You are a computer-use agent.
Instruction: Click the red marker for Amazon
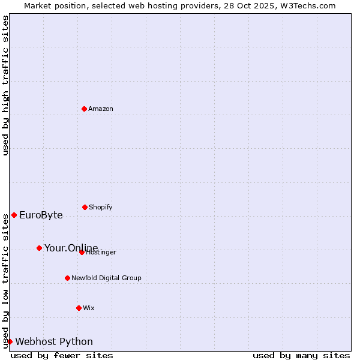coord(84,109)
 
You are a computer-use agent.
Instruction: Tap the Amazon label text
coord(101,109)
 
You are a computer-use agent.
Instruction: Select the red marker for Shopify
coord(85,207)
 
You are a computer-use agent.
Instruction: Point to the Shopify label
coord(100,208)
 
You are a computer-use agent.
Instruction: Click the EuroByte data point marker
coord(14,215)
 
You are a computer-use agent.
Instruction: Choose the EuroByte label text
coord(41,215)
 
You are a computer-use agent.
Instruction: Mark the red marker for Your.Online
coord(39,248)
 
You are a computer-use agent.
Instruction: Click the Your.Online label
coord(71,248)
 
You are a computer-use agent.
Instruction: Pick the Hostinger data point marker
coord(82,252)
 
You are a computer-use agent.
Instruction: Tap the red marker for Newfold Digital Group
coord(67,278)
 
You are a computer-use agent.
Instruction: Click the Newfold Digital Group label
coord(106,278)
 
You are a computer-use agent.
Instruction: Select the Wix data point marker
coord(79,308)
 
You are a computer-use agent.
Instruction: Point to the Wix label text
coord(89,308)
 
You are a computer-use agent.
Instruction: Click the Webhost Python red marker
coord(10,341)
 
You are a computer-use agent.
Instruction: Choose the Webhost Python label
coord(54,342)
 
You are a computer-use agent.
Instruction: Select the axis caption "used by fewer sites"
coord(62,355)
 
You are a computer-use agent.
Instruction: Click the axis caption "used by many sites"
coord(301,355)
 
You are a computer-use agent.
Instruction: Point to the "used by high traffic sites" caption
coord(5,85)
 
